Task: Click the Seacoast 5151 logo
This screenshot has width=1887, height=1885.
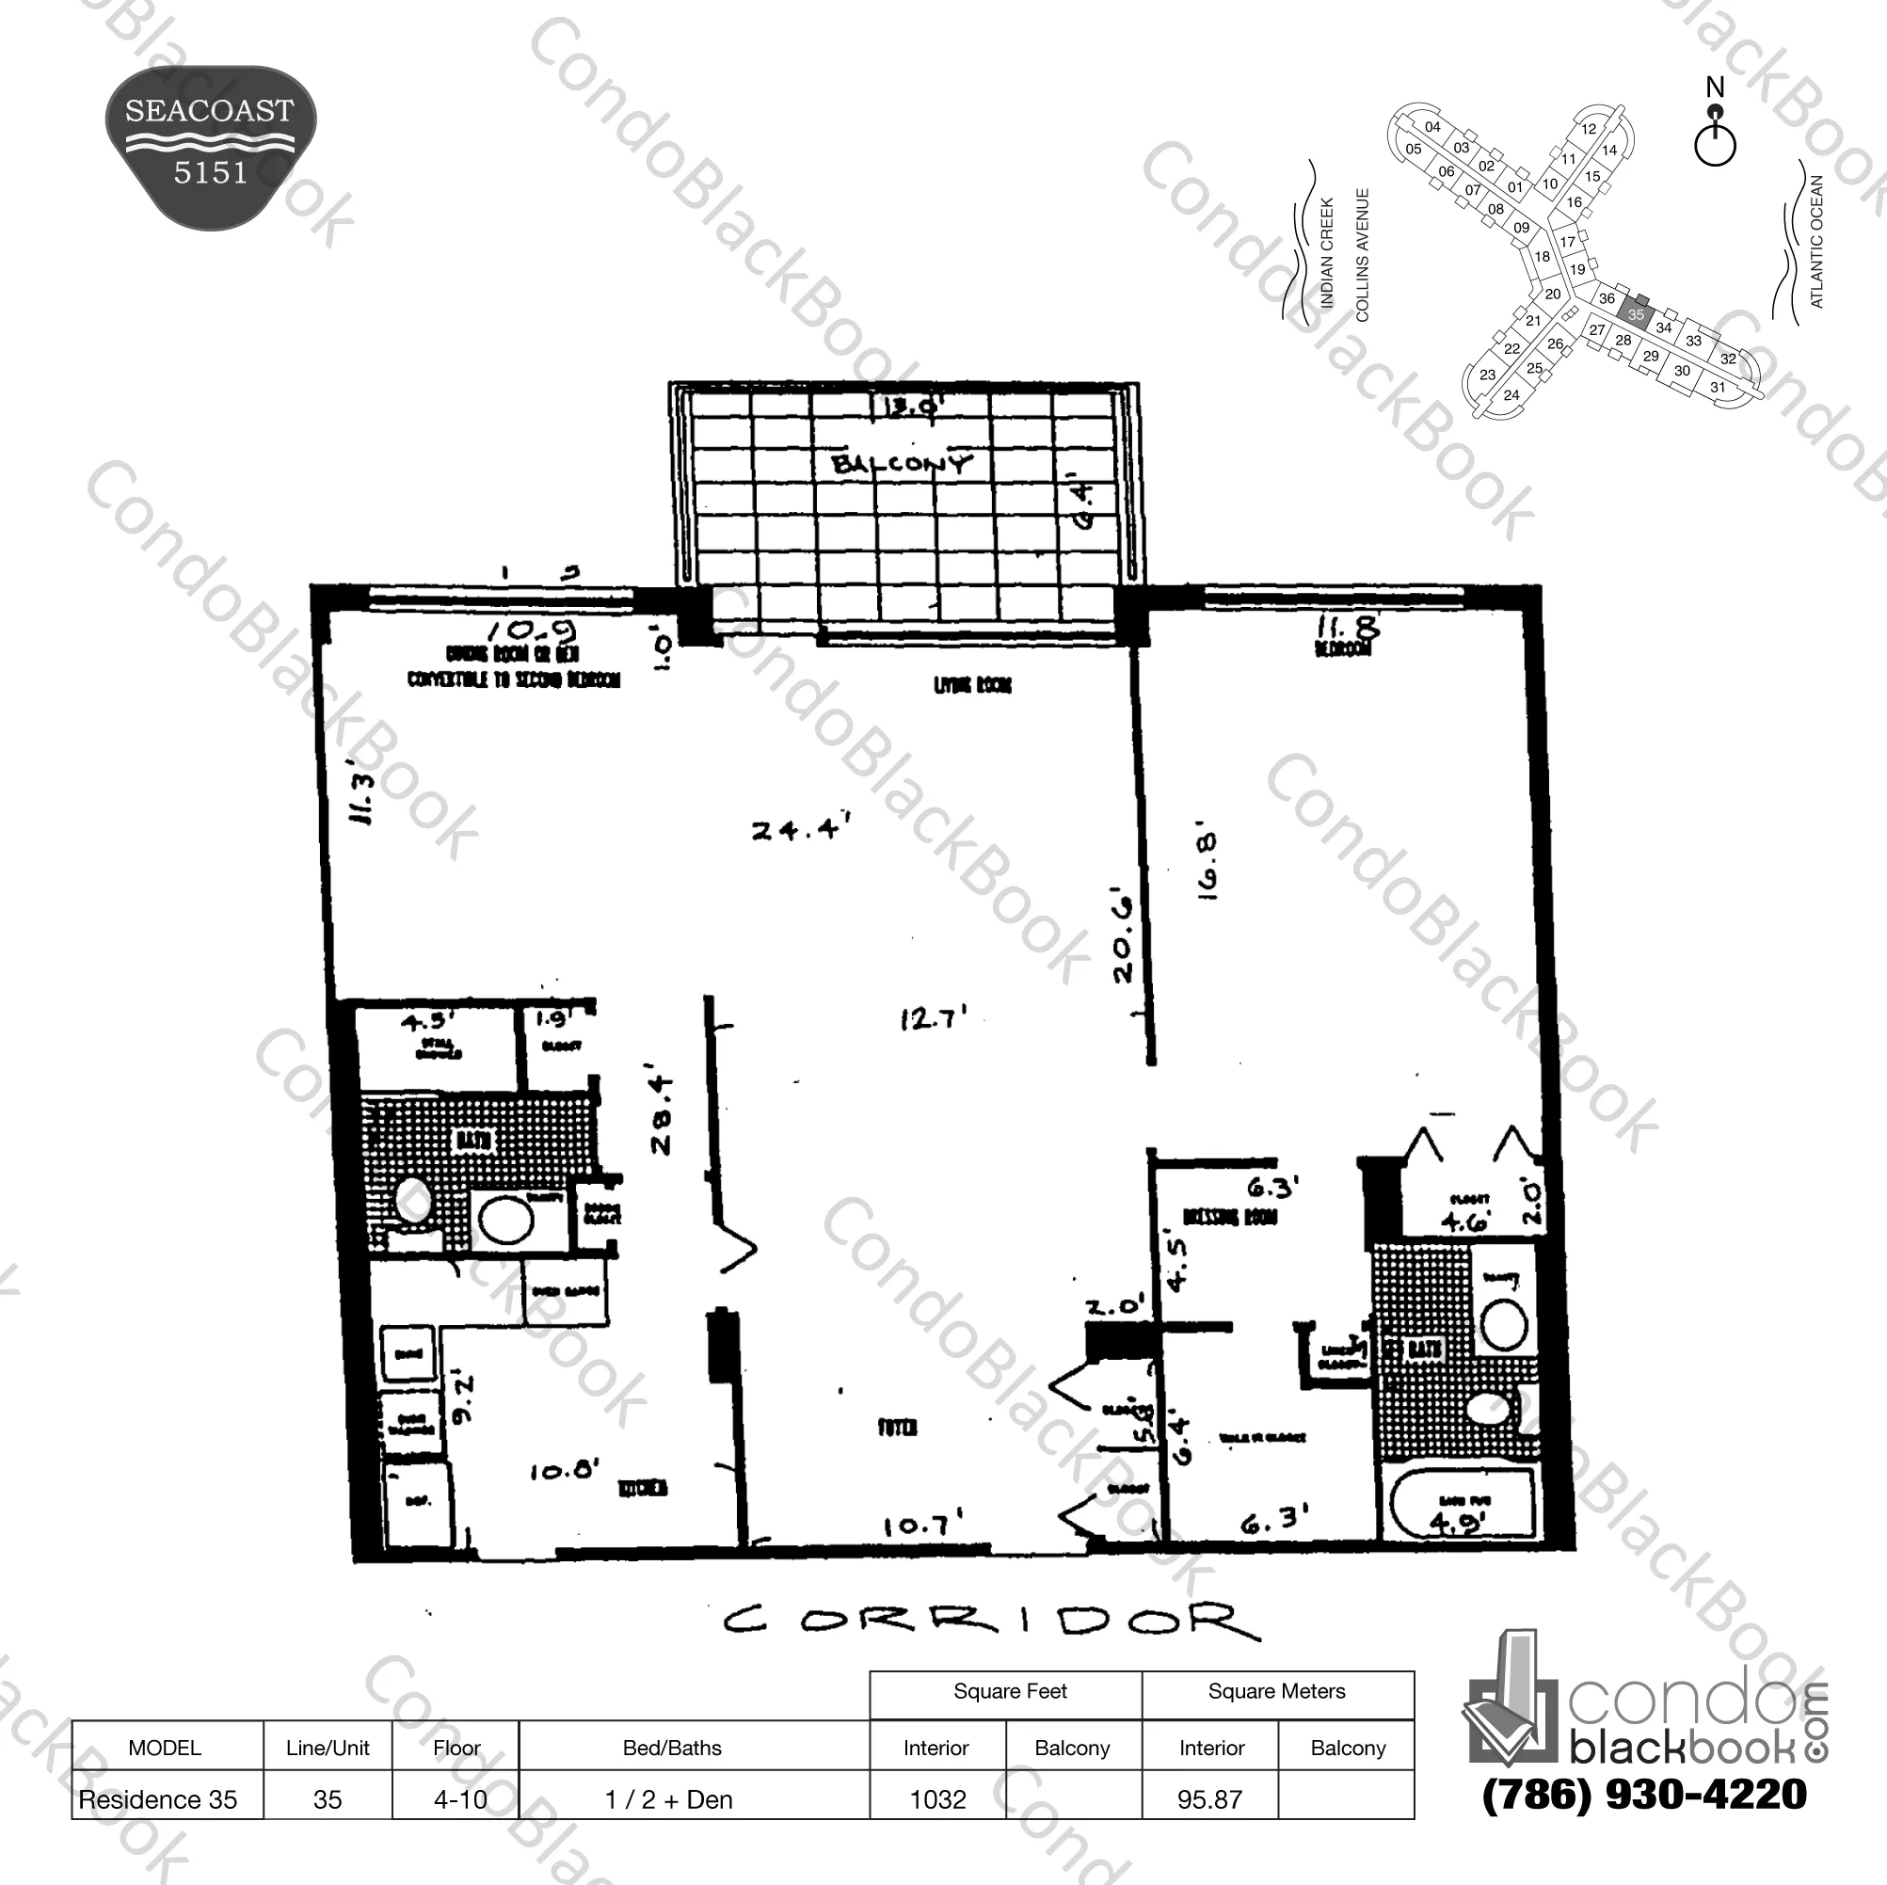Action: coord(210,147)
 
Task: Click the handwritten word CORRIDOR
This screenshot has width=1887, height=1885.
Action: coord(990,1622)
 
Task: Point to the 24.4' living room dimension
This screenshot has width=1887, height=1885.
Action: coord(798,830)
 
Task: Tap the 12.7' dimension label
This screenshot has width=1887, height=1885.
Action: coord(932,1018)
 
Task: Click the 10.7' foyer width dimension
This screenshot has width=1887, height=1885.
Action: coord(923,1525)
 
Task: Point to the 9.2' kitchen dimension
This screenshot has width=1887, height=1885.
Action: coord(465,1399)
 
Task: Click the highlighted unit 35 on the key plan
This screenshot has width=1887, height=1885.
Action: coord(1635,313)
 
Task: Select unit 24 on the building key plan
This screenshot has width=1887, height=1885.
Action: coord(1511,394)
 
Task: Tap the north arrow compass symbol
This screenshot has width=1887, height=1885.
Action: coord(1715,136)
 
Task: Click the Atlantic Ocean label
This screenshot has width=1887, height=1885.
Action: coord(1815,241)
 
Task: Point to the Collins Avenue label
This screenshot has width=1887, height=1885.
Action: coord(1363,255)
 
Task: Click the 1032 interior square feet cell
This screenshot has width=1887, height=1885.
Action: coord(937,1799)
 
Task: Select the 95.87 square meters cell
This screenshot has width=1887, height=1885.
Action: coord(1209,1799)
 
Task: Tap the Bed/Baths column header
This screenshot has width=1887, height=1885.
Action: coord(672,1748)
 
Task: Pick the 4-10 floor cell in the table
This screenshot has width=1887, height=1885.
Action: coord(460,1799)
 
